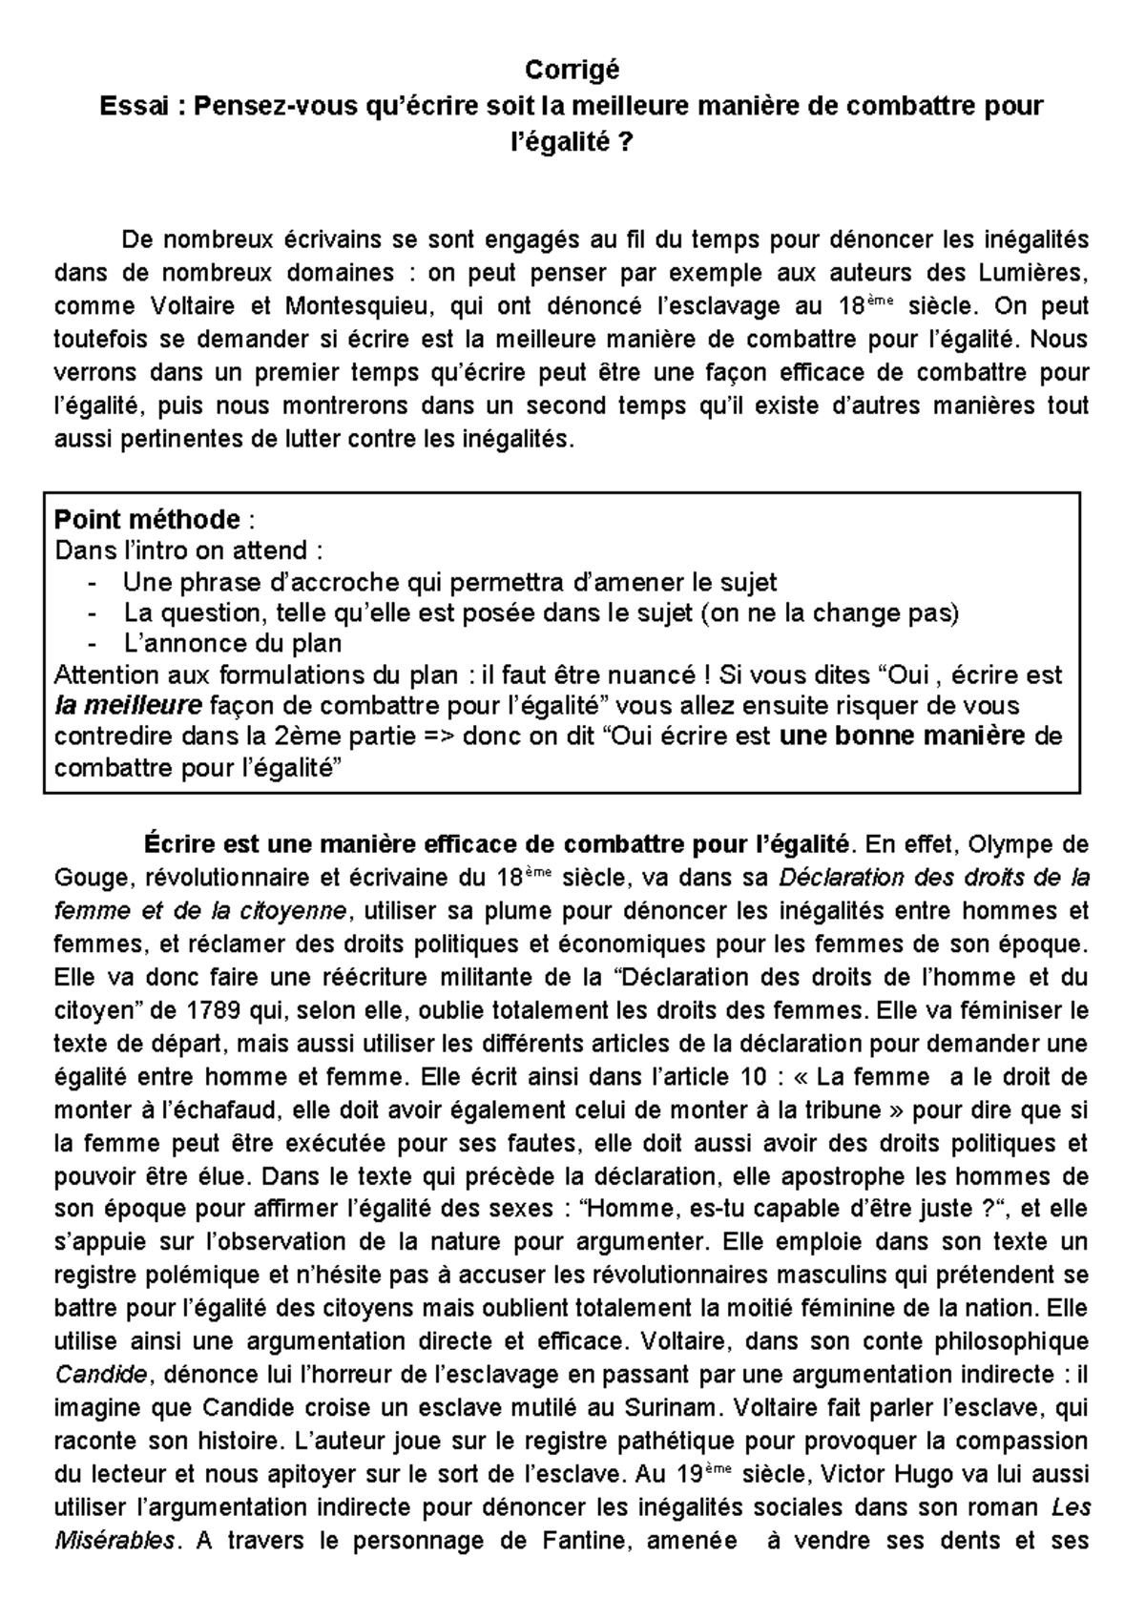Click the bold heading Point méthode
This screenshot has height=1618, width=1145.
pos(147,520)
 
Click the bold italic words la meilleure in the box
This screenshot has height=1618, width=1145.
pos(128,706)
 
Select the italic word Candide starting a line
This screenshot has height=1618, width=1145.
pos(101,1375)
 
